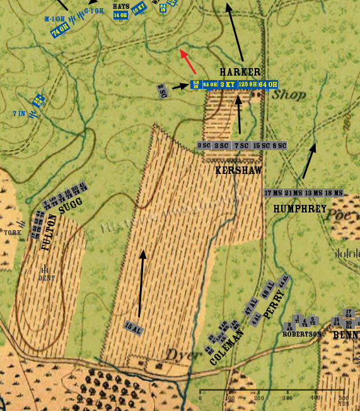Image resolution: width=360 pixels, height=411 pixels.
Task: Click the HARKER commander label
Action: pos(240,72)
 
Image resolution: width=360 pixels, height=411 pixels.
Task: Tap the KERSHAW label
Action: pos(238,170)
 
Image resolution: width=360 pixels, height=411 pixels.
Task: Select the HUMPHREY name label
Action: pos(299,208)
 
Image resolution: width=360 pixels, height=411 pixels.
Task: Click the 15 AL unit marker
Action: pos(133,327)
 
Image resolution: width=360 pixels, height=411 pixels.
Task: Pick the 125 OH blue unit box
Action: pos(248,84)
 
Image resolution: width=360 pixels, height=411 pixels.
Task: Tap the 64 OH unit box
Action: pos(268,84)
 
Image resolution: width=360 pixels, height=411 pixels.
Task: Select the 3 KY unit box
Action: pos(228,84)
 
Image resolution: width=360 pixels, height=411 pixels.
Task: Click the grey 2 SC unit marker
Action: pos(162,90)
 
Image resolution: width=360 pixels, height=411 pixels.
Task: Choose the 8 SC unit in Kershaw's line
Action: pos(279,146)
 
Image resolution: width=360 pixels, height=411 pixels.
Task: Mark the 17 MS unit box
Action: pos(273,193)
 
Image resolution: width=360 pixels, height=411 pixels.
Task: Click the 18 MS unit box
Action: pos(334,193)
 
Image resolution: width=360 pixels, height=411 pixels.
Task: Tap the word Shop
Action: pos(289,95)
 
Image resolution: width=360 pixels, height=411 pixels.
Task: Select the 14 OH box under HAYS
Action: pos(120,15)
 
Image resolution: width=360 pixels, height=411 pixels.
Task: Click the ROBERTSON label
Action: pos(302,334)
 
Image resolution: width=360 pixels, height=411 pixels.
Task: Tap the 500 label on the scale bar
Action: pos(343,398)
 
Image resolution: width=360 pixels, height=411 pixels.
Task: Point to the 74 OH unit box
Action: pos(61,30)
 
